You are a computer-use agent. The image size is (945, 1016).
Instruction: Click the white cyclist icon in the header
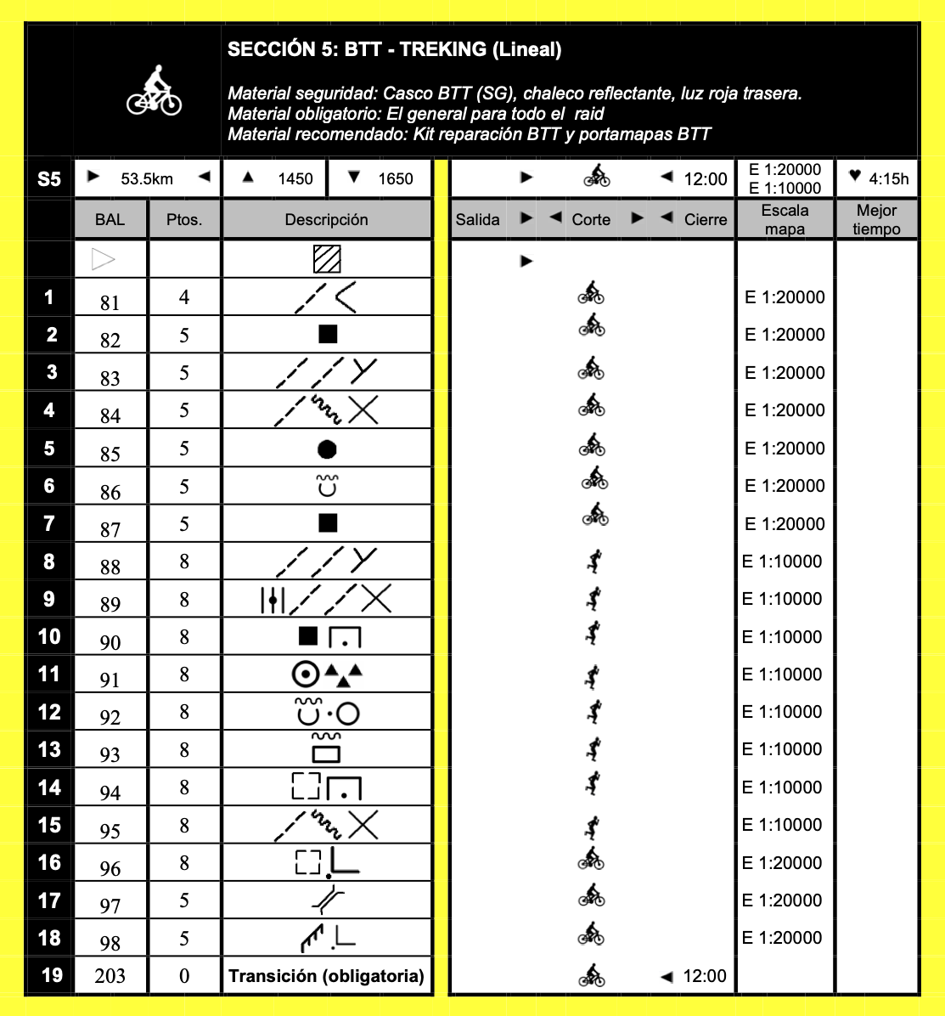[154, 92]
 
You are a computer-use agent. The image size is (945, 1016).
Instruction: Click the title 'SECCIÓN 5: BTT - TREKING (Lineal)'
[394, 50]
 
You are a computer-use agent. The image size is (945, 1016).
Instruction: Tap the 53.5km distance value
[147, 178]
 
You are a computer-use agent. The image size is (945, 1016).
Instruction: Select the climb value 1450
[295, 178]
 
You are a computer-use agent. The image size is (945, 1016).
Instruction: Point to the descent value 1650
[395, 178]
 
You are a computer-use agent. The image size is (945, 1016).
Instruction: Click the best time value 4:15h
[888, 178]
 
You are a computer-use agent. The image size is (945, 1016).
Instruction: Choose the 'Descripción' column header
[326, 219]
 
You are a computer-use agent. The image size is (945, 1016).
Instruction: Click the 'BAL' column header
[110, 219]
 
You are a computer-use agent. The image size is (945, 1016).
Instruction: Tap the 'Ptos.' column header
[184, 219]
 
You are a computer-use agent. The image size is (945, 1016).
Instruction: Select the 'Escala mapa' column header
[785, 219]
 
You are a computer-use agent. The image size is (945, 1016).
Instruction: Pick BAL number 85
[110, 454]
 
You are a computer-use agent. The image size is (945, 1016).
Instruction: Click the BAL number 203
[110, 976]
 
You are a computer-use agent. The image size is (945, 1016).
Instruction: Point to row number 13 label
[50, 749]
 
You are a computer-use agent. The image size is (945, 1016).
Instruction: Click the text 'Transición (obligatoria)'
[326, 975]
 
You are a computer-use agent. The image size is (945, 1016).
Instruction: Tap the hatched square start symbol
[327, 259]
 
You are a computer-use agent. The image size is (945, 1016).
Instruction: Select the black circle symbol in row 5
[327, 449]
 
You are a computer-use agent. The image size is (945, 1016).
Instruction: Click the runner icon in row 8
[595, 561]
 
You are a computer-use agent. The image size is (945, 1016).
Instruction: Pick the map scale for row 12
[782, 711]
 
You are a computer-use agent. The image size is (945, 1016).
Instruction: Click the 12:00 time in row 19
[705, 976]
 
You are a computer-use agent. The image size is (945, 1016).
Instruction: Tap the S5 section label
[49, 179]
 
